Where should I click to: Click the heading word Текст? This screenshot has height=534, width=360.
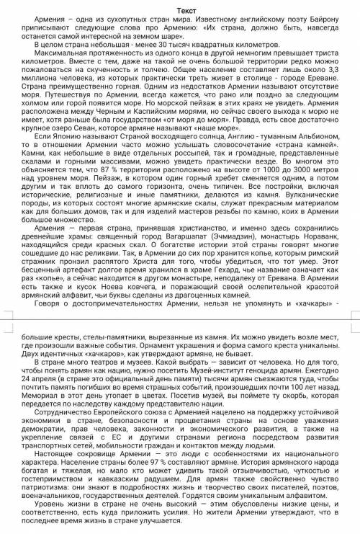(x=179, y=9)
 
